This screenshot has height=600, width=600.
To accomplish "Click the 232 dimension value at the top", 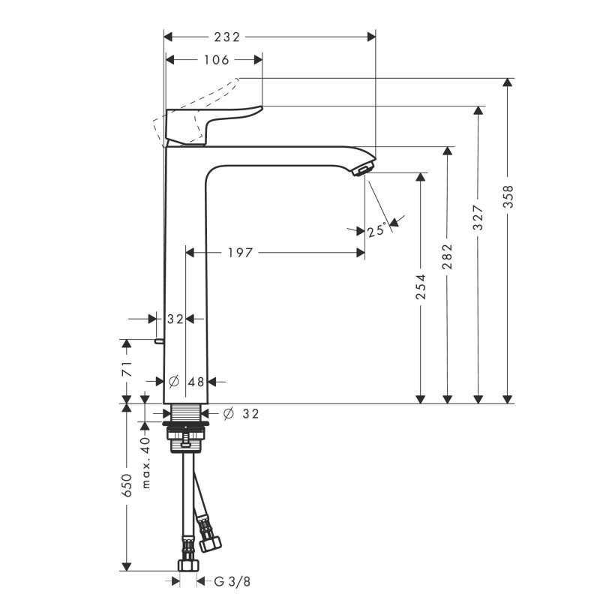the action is click(227, 37).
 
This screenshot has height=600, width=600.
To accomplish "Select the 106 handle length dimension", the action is click(216, 60).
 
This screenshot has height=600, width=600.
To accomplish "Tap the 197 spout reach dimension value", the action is click(240, 253).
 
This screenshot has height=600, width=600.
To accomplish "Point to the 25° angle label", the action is click(376, 230).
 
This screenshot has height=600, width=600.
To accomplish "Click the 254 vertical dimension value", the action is click(421, 286).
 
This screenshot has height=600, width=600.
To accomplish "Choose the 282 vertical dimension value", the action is click(447, 256).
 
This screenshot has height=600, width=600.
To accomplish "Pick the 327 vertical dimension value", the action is click(478, 217).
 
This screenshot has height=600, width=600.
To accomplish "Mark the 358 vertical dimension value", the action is click(508, 196).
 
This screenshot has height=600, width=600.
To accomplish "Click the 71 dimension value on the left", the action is click(127, 368).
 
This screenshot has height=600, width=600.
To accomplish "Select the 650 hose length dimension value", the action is click(127, 485).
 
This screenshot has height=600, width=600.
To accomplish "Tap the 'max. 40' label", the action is click(146, 462).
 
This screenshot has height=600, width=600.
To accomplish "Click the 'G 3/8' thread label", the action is click(232, 582).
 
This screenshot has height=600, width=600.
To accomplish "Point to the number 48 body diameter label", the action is click(196, 382).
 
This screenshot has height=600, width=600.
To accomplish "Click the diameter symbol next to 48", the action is click(174, 381).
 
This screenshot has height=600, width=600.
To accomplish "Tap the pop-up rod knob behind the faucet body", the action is click(159, 341).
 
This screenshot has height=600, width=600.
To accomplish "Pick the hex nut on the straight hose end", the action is click(188, 565).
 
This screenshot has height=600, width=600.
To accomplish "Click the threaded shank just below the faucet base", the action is click(185, 412).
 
